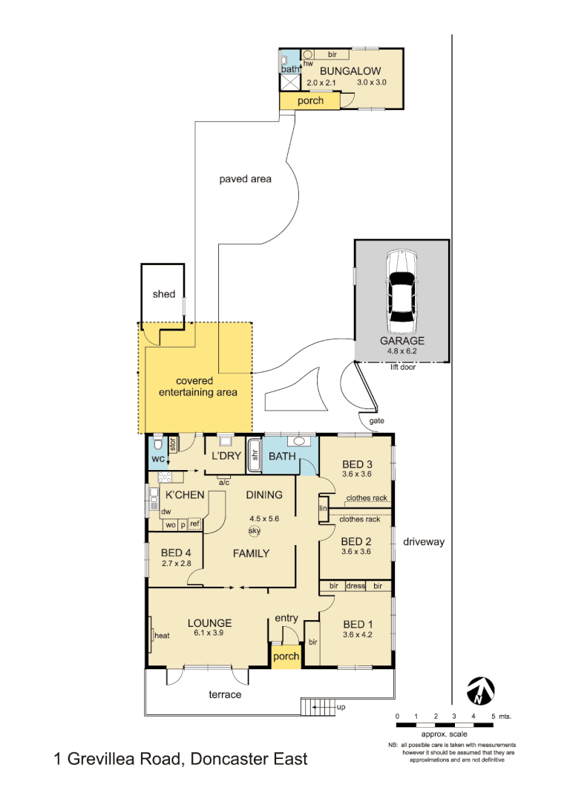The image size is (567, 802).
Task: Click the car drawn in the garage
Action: [402, 292]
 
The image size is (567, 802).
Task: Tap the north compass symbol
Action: [480, 691]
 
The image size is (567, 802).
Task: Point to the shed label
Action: [164, 294]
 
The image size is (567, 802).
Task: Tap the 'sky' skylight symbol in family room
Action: [254, 531]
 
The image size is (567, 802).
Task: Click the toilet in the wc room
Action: [157, 446]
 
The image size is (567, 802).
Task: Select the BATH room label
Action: [283, 456]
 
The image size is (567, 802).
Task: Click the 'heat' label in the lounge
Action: [162, 636]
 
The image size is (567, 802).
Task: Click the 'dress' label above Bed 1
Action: [356, 586]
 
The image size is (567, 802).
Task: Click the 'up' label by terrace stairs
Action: [341, 708]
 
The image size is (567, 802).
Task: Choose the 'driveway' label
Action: [424, 542]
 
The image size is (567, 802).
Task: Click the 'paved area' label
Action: [245, 179]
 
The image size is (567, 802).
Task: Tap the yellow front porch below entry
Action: [286, 656]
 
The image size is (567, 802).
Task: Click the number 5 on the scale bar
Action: [492, 716]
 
